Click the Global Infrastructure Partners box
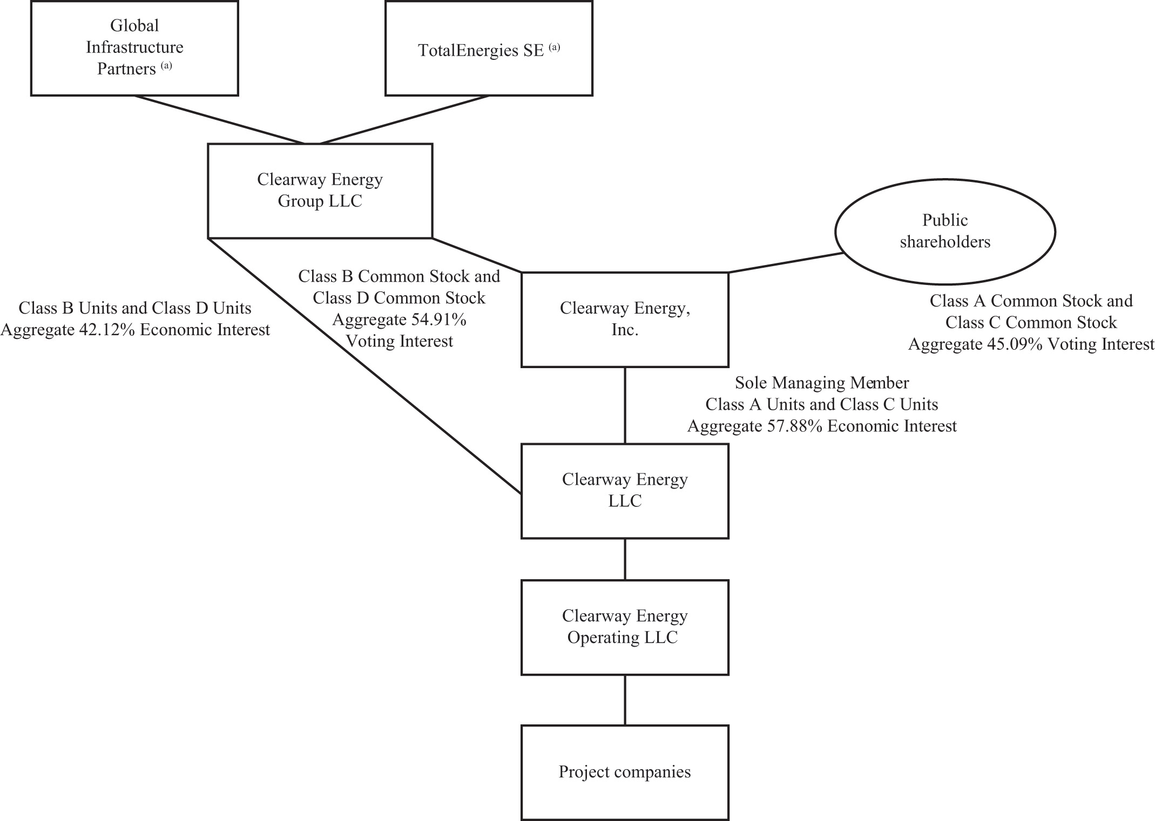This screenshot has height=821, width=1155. [134, 48]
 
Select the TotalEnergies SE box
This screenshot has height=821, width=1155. [489, 49]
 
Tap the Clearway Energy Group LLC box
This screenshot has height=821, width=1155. [320, 191]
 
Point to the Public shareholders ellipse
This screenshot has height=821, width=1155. [945, 232]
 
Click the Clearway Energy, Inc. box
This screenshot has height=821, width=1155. [625, 320]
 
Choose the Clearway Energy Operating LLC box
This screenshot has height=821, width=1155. [625, 627]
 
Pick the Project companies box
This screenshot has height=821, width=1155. [625, 772]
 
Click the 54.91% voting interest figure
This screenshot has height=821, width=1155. [439, 320]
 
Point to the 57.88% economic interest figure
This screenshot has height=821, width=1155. [795, 426]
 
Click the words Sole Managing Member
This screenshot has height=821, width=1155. [822, 383]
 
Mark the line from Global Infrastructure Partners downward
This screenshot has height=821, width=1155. [219, 120]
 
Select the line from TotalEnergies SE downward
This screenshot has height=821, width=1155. [405, 120]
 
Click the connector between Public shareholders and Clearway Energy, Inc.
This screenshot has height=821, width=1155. [786, 263]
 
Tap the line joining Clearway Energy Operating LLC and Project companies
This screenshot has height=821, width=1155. [625, 700]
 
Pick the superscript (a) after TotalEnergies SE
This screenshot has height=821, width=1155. [555, 48]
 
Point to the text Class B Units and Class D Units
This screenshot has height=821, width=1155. [135, 308]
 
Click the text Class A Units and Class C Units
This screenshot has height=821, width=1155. [822, 405]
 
